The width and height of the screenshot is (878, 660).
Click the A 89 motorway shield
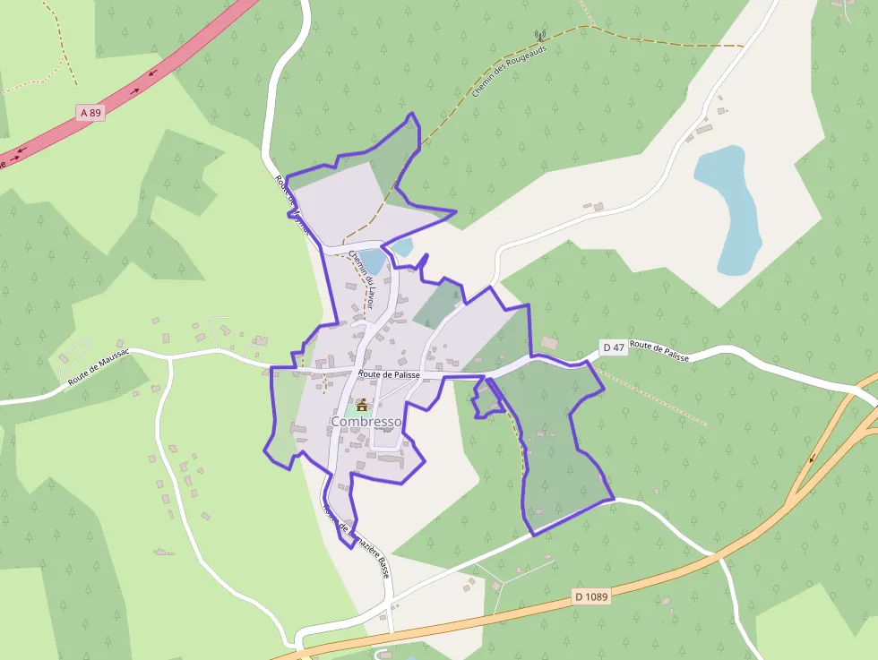point(90,113)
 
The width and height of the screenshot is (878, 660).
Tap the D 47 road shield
point(613,347)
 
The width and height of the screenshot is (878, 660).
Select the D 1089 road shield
point(591,596)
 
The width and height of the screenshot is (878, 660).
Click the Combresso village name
point(366,421)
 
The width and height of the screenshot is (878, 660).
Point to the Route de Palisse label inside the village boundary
point(390,374)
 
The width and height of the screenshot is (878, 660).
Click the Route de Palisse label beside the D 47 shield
point(659,350)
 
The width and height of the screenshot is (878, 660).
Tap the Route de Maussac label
point(99,367)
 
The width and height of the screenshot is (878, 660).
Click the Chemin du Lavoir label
point(362,279)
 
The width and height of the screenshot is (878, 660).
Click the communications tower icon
point(540,37)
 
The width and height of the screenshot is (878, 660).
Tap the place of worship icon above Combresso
point(362,405)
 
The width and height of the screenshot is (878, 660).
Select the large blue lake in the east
point(730,210)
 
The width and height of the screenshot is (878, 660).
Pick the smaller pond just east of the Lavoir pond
point(401,246)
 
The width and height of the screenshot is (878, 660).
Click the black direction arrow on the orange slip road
point(812,459)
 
